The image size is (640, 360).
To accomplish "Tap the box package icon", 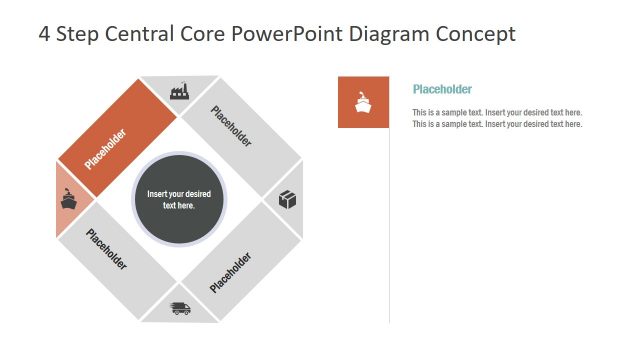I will click(287, 200).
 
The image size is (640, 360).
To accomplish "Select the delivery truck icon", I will click(181, 308).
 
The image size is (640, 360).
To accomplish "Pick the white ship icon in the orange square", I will click(363, 102).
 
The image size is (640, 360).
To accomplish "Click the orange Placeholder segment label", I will click(105, 149).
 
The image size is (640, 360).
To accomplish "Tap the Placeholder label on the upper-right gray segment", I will click(232, 126).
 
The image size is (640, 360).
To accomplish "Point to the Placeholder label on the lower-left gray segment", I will click(106, 250).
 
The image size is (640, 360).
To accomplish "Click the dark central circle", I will click(179, 199).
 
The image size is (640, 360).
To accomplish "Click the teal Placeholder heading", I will click(442, 89).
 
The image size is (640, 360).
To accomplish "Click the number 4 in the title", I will click(44, 34).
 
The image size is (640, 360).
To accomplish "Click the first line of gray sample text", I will click(497, 112).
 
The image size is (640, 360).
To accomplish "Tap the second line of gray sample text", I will click(497, 124).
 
